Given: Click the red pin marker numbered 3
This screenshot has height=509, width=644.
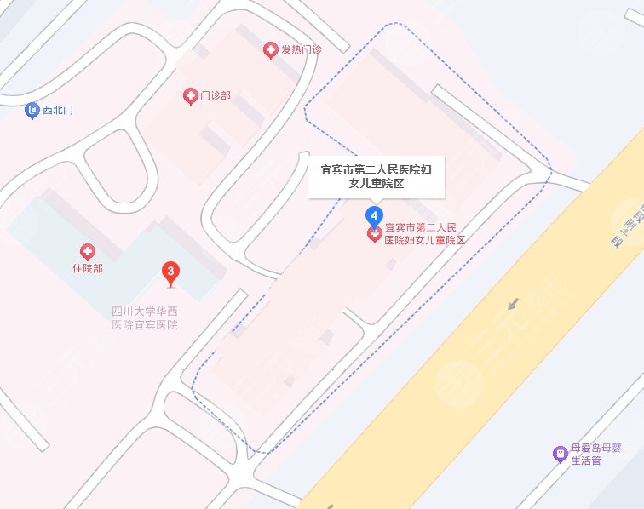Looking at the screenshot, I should [171, 273].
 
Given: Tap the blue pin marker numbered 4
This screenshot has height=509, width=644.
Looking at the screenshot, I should [373, 214].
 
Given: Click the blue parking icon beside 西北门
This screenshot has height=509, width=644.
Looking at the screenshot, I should [32, 110].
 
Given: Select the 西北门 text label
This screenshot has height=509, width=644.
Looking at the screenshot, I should [58, 110].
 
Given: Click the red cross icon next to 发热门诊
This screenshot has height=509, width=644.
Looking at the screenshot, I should [270, 50].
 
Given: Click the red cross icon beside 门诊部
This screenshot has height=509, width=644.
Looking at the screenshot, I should [190, 96].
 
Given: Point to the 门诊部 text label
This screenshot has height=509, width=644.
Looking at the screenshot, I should [216, 96].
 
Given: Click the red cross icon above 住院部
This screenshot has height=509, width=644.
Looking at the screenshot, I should [87, 251].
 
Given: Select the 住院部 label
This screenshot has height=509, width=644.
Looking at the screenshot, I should [87, 269].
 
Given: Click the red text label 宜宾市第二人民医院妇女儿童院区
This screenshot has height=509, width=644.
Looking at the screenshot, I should [425, 233].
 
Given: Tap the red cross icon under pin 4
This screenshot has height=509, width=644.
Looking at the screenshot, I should [373, 234].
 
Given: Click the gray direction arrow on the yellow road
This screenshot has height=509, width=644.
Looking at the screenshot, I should [513, 303].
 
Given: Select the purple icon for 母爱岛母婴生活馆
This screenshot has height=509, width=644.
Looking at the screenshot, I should [560, 453].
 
